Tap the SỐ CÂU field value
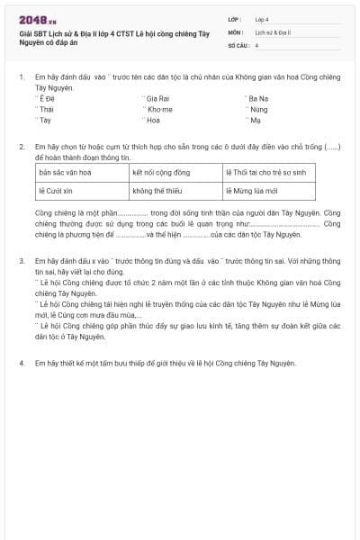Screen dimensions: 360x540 coord(257,44)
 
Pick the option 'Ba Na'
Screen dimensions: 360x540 coord(258,97)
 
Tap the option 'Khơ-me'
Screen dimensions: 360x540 coord(159,108)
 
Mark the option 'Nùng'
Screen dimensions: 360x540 coord(259,108)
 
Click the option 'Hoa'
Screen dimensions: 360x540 coord(153,119)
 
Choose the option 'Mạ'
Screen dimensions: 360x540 coord(256,119)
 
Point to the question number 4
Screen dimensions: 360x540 coord(22,363)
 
